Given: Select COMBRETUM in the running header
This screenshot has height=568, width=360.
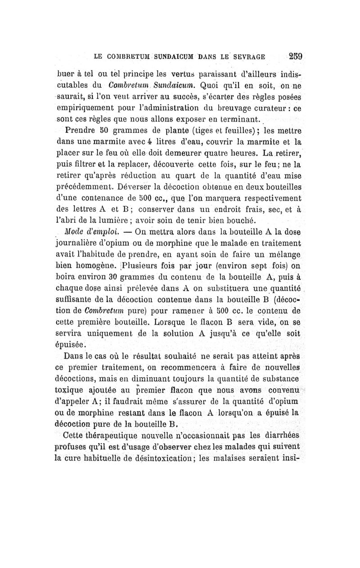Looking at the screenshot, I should tap(127, 57).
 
